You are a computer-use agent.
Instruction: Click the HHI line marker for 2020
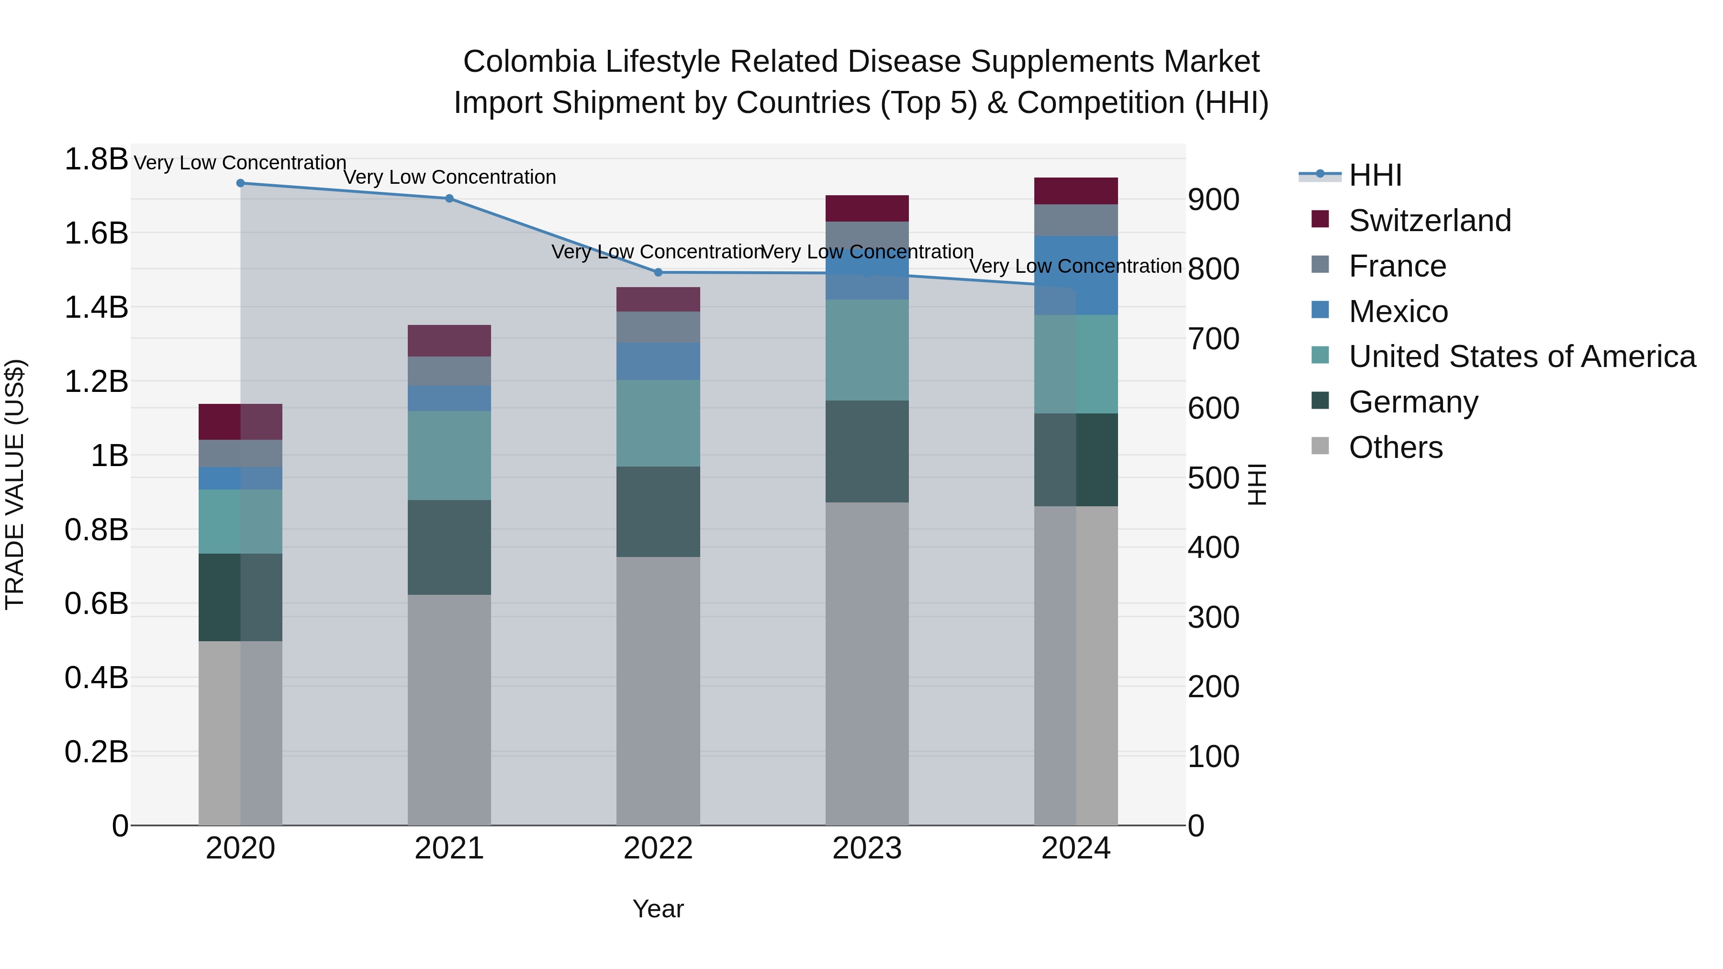coord(241,183)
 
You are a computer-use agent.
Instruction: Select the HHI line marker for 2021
coord(449,199)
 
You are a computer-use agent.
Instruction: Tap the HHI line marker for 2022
coord(658,272)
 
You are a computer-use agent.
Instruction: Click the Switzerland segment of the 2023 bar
coord(867,209)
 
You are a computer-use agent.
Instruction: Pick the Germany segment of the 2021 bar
coord(449,547)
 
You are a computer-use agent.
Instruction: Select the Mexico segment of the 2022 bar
coord(658,361)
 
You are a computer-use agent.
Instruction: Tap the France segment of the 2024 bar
coord(1075,220)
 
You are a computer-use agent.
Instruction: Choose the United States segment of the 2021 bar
coord(449,456)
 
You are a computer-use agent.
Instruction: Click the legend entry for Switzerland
coord(1429,221)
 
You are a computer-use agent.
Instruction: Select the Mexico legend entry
coord(1398,312)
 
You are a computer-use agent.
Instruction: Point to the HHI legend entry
coord(1375,175)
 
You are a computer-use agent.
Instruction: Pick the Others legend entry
coord(1395,447)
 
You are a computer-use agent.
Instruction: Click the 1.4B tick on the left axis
coord(96,308)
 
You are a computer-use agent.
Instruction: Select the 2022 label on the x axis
coord(658,848)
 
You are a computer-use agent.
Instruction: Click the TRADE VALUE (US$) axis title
coord(15,484)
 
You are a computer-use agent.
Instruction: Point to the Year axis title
coord(658,909)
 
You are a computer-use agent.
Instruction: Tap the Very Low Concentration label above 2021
coord(449,177)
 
